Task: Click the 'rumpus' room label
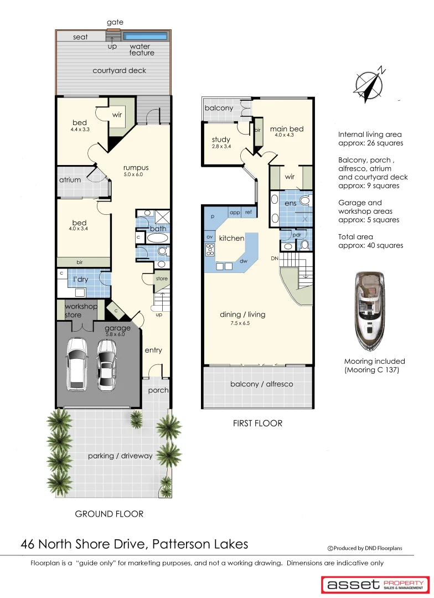coord(136,168)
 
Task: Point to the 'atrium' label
coord(70,180)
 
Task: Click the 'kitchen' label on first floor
coord(231,238)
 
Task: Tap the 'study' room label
coord(221,140)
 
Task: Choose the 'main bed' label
coord(286,130)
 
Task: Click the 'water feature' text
coord(141,50)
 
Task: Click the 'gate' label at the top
coord(115,22)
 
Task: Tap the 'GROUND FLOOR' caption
coord(109,514)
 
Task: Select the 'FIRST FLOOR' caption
coord(257,423)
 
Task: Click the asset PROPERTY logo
coord(375,584)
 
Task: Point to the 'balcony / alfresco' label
coord(261,384)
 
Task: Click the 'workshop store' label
coord(81,311)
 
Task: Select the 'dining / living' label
coord(242,315)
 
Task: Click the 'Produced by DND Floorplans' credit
coord(365,548)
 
